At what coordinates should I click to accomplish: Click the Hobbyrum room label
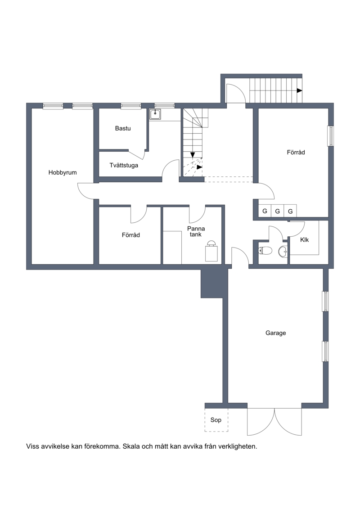63,173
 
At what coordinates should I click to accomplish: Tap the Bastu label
123,129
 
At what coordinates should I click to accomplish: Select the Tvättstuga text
124,165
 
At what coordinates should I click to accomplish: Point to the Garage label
275,333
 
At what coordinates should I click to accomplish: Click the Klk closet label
305,240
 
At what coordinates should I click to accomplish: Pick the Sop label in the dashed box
216,420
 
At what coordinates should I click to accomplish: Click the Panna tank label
196,231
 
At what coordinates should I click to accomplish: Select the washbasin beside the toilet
283,251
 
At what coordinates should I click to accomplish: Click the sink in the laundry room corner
155,114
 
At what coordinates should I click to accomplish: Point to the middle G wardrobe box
278,212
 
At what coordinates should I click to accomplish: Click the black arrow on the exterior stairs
300,90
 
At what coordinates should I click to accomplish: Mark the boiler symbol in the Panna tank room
211,251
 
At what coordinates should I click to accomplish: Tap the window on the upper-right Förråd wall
331,136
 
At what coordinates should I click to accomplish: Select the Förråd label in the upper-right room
296,152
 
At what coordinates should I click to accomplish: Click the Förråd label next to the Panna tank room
131,235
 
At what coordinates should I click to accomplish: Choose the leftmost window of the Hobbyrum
53,105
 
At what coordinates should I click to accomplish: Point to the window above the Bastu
131,105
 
